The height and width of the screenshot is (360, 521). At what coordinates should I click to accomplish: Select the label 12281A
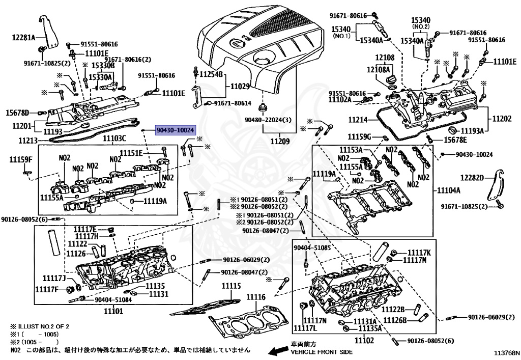(x=23, y=38)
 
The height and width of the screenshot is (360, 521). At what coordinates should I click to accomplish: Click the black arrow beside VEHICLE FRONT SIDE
(x=278, y=351)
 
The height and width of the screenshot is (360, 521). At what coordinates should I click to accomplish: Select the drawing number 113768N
(x=506, y=352)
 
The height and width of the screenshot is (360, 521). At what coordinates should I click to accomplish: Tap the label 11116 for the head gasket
(x=256, y=297)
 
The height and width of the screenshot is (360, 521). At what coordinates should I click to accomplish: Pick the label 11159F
(x=20, y=160)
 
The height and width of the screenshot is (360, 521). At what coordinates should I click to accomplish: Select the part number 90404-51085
(x=312, y=248)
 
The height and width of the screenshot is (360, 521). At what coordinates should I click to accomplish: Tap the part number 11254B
(x=211, y=74)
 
